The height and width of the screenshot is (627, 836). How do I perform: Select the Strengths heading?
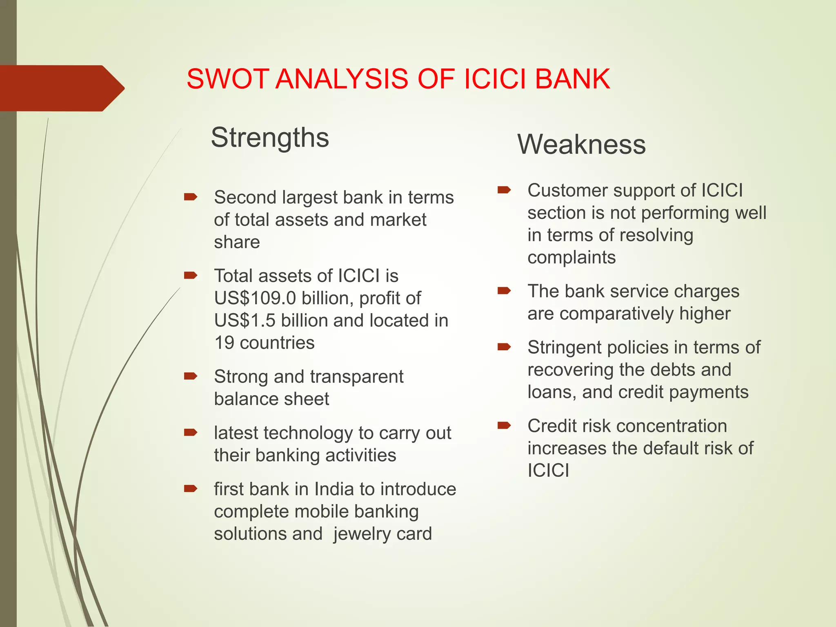270,138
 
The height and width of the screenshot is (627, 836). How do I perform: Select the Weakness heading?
581,145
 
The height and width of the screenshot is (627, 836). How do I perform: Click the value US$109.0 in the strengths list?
255,298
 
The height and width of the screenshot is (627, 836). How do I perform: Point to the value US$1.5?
245,321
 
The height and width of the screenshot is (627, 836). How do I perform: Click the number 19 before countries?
224,343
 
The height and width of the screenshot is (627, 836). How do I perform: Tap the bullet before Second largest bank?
191,198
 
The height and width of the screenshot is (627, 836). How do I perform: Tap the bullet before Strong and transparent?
191,376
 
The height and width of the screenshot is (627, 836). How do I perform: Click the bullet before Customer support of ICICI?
504,190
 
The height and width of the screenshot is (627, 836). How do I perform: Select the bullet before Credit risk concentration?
504,426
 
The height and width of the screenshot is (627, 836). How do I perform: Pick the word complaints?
571,258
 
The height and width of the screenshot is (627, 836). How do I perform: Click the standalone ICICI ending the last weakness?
548,471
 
